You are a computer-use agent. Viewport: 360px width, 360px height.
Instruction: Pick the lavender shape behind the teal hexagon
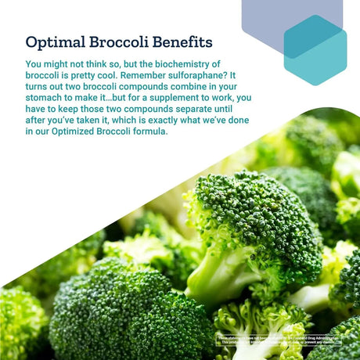click(x=270, y=20)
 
